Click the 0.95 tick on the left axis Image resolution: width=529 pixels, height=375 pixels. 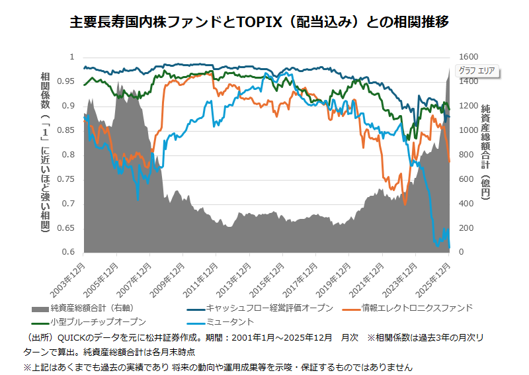(x=68, y=81)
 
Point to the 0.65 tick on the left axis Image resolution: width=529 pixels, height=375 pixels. (x=68, y=228)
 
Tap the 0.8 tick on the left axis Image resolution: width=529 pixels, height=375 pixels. (x=71, y=155)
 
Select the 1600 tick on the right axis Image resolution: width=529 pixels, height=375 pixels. (x=466, y=58)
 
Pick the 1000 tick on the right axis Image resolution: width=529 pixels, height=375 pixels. (x=466, y=130)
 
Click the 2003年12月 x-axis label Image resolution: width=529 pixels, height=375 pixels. (x=69, y=278)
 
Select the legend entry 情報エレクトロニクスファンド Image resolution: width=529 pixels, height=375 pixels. (x=417, y=308)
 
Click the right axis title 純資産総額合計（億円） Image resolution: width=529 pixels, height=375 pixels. (x=485, y=152)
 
